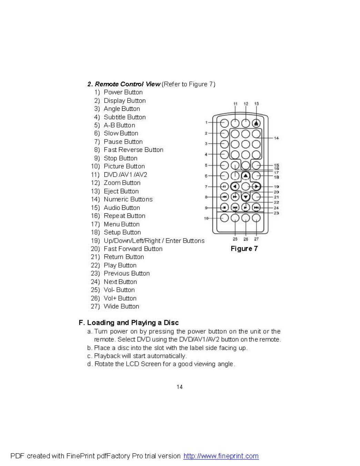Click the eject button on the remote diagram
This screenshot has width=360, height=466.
point(256,123)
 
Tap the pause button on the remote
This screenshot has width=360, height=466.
point(224,186)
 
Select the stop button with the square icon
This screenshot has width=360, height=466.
point(224,207)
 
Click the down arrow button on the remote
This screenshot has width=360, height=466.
point(245,197)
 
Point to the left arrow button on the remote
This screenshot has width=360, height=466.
point(235,186)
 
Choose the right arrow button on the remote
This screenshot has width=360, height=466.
point(256,186)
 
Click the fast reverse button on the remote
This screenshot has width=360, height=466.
point(224,197)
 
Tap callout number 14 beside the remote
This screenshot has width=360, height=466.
point(276,138)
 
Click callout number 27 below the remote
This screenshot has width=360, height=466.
point(256,239)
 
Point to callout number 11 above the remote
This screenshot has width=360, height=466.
point(235,104)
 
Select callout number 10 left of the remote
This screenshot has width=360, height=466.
point(206,218)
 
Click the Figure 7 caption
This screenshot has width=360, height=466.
point(244,249)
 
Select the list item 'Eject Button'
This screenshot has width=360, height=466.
point(121,191)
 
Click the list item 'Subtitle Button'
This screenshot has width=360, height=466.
point(124,117)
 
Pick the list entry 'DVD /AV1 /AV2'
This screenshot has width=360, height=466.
point(125,175)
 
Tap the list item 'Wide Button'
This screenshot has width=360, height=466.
point(121,306)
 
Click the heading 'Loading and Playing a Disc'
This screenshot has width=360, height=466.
point(133,322)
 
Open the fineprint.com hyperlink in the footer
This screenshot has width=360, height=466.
point(221,456)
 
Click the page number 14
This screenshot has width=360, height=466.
point(180,387)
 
